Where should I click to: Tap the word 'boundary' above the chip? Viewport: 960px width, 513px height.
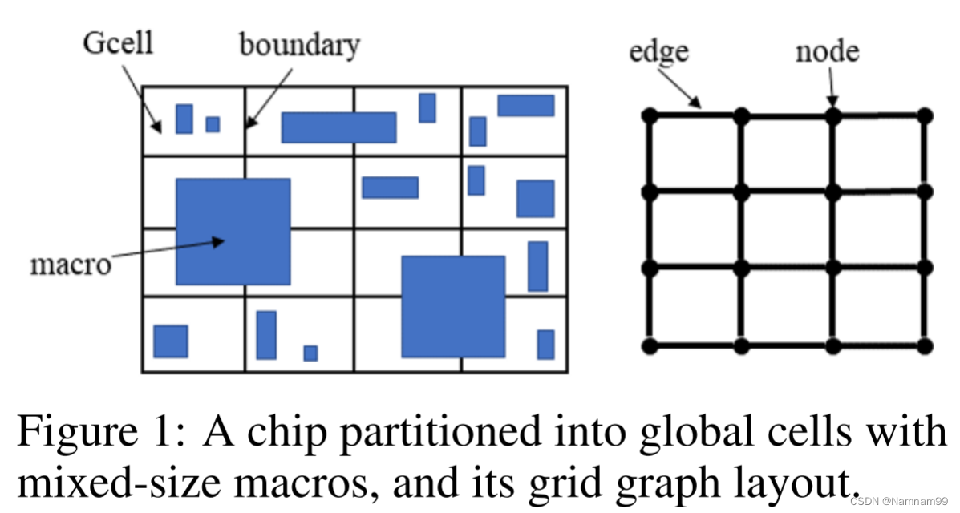pos(299,46)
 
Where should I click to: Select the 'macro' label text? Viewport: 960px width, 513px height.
pos(71,264)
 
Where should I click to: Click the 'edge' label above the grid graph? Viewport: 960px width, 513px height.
pos(658,52)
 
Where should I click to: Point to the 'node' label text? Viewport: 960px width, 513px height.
pos(827,52)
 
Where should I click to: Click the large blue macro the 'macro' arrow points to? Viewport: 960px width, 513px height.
pos(233,232)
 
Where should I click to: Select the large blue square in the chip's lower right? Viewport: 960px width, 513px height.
pos(453,306)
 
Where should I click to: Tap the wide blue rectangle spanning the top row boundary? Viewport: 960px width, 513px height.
pos(338,127)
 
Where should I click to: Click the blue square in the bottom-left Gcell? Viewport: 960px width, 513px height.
pos(170,341)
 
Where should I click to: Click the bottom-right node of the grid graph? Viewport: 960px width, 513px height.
pos(925,346)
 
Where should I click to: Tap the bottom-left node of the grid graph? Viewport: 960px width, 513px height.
pos(650,346)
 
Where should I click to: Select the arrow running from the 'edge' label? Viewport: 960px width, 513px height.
pos(679,87)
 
